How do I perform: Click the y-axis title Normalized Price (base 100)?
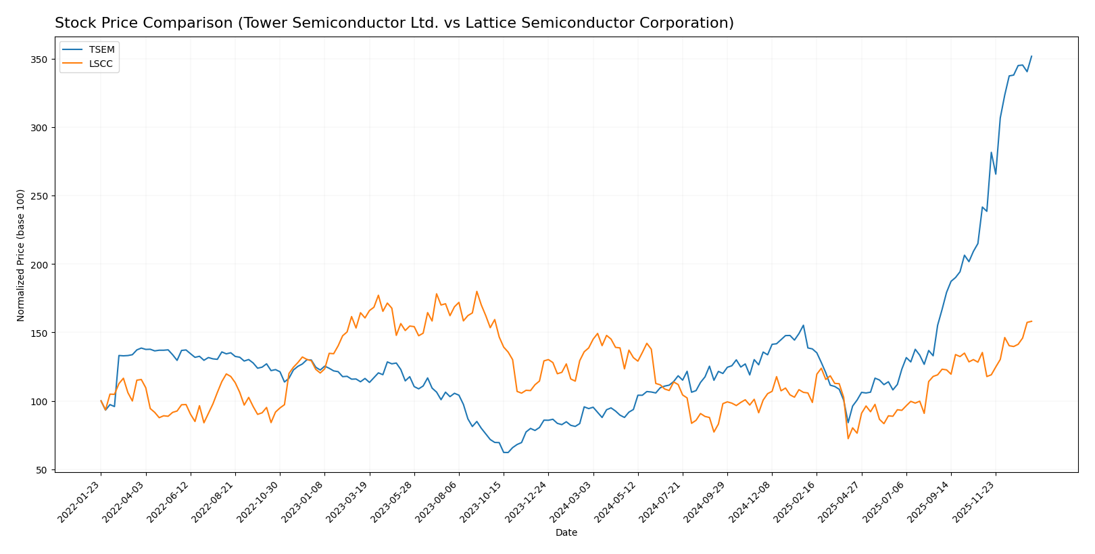(x=21, y=255)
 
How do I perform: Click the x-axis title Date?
(x=566, y=532)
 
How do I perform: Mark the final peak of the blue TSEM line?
(x=1031, y=56)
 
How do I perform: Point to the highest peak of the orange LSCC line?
(x=477, y=292)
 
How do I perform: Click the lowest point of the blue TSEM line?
(x=506, y=453)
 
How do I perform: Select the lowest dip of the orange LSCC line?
(x=848, y=438)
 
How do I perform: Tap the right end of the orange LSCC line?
(x=1031, y=321)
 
